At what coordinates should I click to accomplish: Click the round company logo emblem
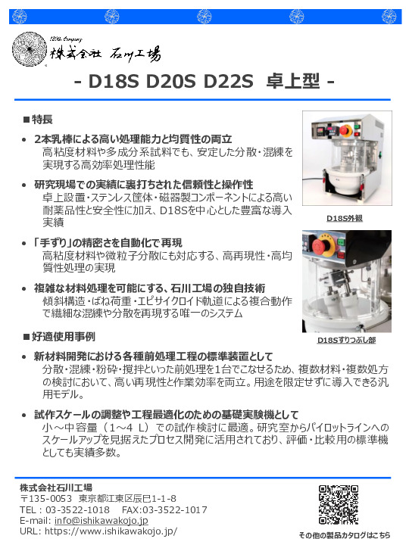click(x=30, y=49)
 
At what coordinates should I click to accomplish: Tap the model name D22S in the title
click(x=228, y=82)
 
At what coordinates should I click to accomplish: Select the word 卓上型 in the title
click(x=292, y=81)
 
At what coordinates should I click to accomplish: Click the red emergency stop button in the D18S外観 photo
click(x=344, y=131)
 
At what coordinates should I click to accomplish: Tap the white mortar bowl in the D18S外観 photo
click(x=342, y=182)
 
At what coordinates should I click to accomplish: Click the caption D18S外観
click(x=345, y=218)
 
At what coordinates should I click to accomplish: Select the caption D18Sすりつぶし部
click(x=346, y=340)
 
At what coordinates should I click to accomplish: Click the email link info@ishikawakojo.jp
click(x=101, y=520)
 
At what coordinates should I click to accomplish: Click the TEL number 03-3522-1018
click(x=77, y=510)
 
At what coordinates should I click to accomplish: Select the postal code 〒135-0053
click(x=46, y=499)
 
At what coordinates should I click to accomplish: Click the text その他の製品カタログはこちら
click(x=344, y=535)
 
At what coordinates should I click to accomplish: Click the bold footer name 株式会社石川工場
click(x=56, y=487)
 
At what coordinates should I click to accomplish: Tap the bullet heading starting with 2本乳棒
click(x=133, y=139)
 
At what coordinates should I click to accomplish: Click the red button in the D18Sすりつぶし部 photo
click(x=323, y=246)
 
